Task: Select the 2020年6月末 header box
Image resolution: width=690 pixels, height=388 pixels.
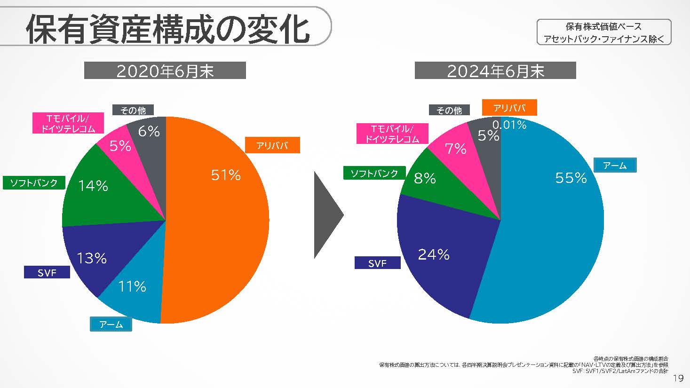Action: [165, 71]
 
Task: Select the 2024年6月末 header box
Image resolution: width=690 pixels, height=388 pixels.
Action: [495, 71]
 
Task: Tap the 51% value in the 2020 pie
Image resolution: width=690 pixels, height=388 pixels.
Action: [226, 175]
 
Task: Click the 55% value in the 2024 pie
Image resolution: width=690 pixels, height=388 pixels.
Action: [571, 178]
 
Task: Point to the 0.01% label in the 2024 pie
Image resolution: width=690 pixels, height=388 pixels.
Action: [509, 125]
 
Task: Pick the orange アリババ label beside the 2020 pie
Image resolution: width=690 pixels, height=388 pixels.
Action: [272, 145]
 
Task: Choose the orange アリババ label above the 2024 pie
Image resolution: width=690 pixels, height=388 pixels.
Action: [509, 108]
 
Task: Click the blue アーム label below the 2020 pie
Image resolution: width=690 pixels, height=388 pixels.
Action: [111, 325]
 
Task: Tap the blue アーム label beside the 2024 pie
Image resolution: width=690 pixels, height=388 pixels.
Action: [615, 165]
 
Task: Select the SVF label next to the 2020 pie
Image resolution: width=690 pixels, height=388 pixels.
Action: [47, 272]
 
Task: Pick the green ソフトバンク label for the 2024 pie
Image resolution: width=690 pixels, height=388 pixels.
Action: [374, 174]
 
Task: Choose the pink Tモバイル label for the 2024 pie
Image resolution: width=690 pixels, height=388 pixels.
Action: [392, 134]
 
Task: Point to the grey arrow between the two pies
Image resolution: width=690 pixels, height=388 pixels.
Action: [327, 215]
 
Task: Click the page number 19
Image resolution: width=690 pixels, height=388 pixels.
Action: [678, 378]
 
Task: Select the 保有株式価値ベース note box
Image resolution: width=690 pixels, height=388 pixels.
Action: [604, 32]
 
